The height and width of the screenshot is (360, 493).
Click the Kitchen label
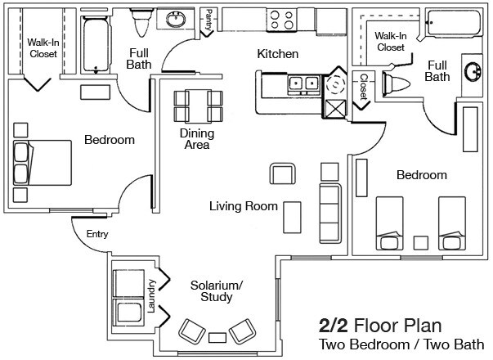pyautogui.click(x=278, y=54)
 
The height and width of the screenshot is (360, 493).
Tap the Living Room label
pyautogui.click(x=243, y=206)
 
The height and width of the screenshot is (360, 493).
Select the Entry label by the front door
pyautogui.click(x=97, y=234)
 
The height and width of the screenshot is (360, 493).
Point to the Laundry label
pyautogui.click(x=151, y=290)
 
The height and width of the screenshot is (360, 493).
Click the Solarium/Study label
pyautogui.click(x=217, y=290)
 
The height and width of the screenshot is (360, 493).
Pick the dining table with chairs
pyautogui.click(x=198, y=104)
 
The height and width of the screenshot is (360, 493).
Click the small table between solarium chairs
pyautogui.click(x=217, y=337)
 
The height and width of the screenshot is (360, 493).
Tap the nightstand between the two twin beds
pyautogui.click(x=421, y=242)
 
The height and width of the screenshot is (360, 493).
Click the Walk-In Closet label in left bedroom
pyautogui.click(x=41, y=47)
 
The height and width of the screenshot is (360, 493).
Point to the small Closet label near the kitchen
pyautogui.click(x=364, y=85)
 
